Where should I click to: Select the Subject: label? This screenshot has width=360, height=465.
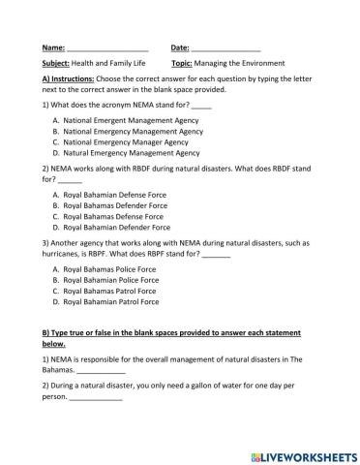click(x=57, y=63)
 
